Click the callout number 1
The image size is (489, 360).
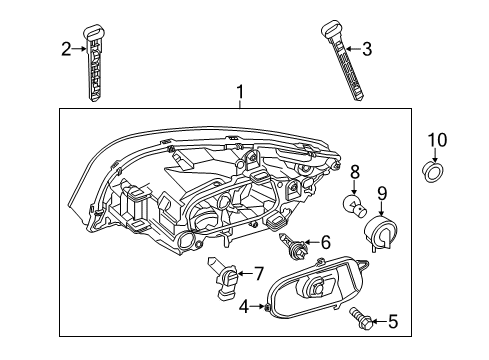[241, 95]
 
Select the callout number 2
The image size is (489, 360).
[66, 47]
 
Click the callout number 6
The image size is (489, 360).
[325, 241]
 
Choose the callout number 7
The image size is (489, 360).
[258, 272]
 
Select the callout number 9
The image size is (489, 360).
[381, 192]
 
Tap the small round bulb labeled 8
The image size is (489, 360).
[353, 205]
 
